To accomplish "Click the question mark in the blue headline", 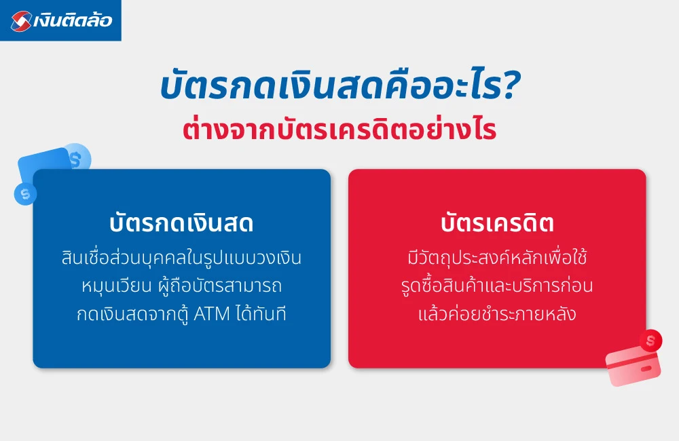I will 510,91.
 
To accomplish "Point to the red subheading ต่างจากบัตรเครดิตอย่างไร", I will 339,130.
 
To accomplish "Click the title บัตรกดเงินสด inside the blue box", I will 181,224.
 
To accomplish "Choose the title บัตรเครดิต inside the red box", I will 497,224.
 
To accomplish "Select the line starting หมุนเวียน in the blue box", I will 181,286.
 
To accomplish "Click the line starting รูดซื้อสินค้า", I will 497,286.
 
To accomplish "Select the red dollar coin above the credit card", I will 651,340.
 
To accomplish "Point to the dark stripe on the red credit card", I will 631,360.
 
